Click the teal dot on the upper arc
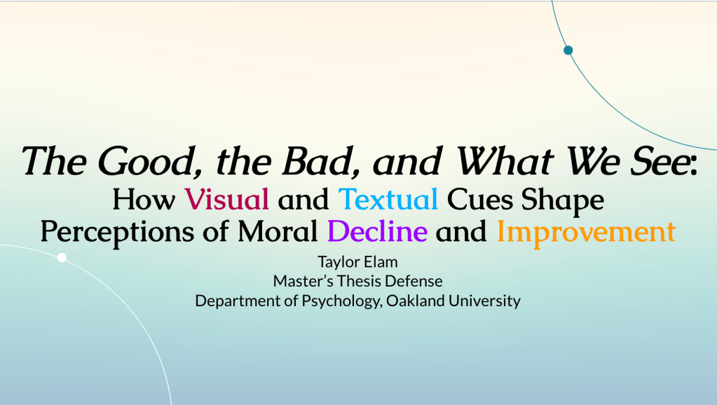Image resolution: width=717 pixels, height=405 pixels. point(568,50)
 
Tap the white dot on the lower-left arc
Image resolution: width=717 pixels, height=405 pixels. point(62,258)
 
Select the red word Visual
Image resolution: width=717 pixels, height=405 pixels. point(227,199)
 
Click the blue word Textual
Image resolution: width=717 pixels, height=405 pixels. point(388,199)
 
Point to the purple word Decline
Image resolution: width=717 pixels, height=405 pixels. point(377,231)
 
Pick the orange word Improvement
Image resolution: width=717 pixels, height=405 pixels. point(586,232)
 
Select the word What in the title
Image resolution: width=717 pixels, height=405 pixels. point(505,161)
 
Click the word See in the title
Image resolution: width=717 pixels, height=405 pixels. point(663,161)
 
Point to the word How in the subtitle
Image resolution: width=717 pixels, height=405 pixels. point(144,200)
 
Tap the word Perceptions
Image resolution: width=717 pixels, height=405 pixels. point(118,232)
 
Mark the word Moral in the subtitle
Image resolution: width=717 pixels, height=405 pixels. point(277,231)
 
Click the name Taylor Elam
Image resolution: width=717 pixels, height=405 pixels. point(357,262)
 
